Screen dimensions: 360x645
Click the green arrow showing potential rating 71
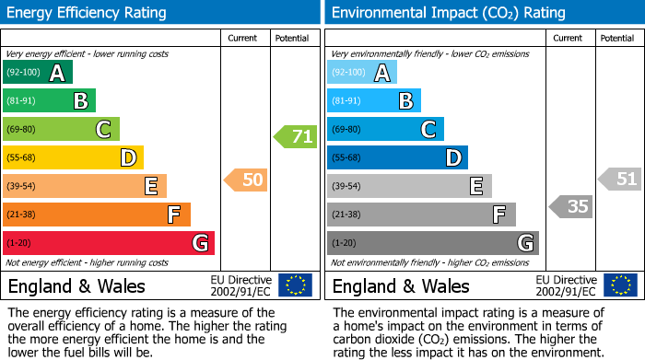coord(295,137)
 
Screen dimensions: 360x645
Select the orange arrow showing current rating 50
coord(246,180)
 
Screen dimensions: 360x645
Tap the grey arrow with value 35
coord(570,206)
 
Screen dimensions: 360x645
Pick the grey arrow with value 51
coord(619,180)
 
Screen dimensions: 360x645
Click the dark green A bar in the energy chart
coord(38,73)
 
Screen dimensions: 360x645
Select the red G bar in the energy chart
coord(109,243)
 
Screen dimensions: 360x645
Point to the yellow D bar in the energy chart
coord(73,157)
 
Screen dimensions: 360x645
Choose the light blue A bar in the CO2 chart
coord(362,73)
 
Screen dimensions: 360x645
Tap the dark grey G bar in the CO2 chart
coord(432,243)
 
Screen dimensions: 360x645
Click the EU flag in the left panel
coord(295,285)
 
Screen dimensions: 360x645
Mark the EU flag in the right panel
coord(619,285)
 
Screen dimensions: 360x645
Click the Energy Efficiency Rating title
coord(88,13)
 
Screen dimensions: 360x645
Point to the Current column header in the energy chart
coord(242,38)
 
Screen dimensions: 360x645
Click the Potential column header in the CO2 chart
coord(617,38)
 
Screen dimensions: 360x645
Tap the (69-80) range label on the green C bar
coord(21,129)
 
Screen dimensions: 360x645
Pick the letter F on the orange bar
coord(172,215)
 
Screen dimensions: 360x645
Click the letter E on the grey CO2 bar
coord(475,186)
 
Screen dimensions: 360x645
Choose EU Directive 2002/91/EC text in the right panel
coord(566,285)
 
